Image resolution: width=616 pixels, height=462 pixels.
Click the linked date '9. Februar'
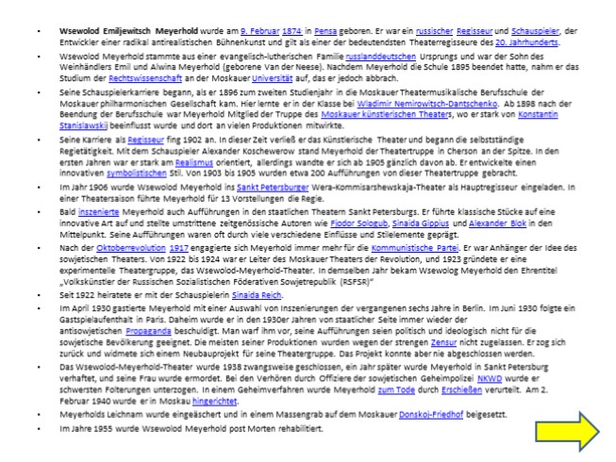coord(259,31)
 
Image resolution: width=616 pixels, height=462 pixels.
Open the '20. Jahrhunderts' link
coord(529,41)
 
